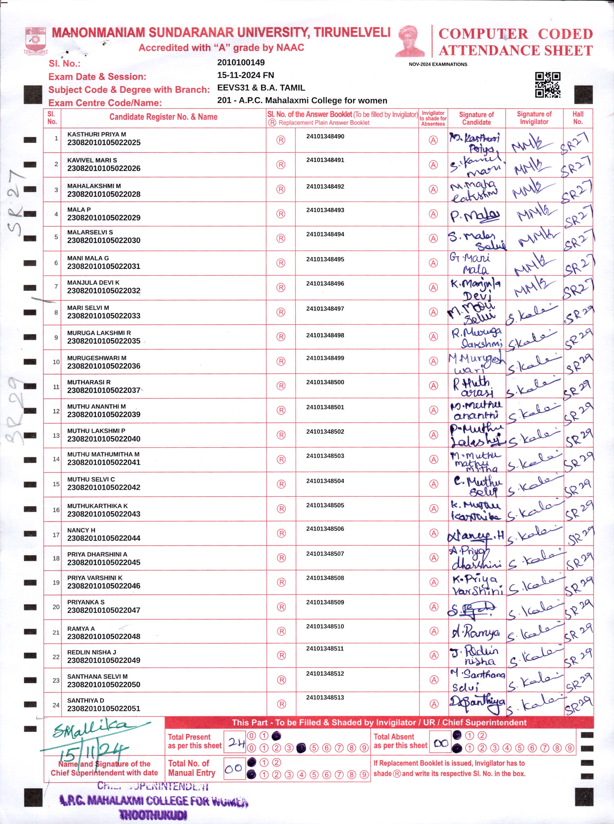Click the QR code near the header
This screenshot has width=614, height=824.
(548, 85)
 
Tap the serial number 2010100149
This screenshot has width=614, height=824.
(241, 62)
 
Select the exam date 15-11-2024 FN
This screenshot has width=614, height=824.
(245, 75)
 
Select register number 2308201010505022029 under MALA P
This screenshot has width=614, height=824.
(104, 218)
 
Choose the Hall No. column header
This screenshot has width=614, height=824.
(578, 118)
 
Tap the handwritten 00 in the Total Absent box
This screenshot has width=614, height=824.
(441, 743)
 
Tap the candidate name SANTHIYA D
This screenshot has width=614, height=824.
(86, 700)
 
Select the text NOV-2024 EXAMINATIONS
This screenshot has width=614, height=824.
(438, 64)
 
